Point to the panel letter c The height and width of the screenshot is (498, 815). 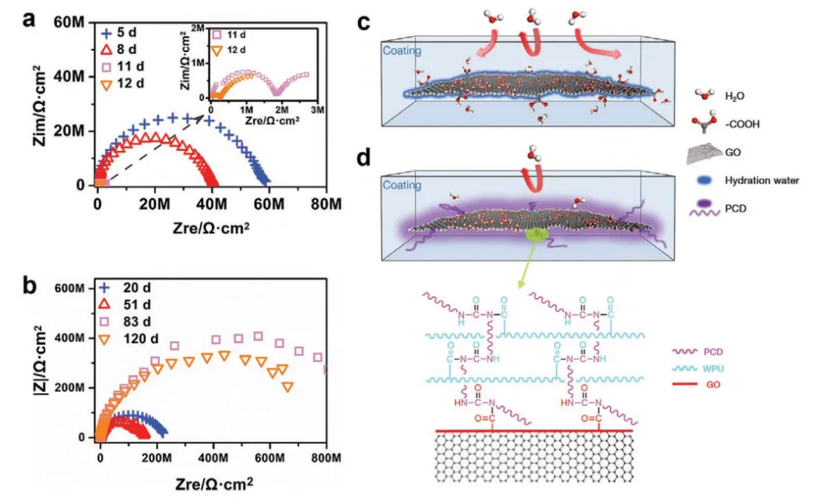(x=364, y=21)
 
